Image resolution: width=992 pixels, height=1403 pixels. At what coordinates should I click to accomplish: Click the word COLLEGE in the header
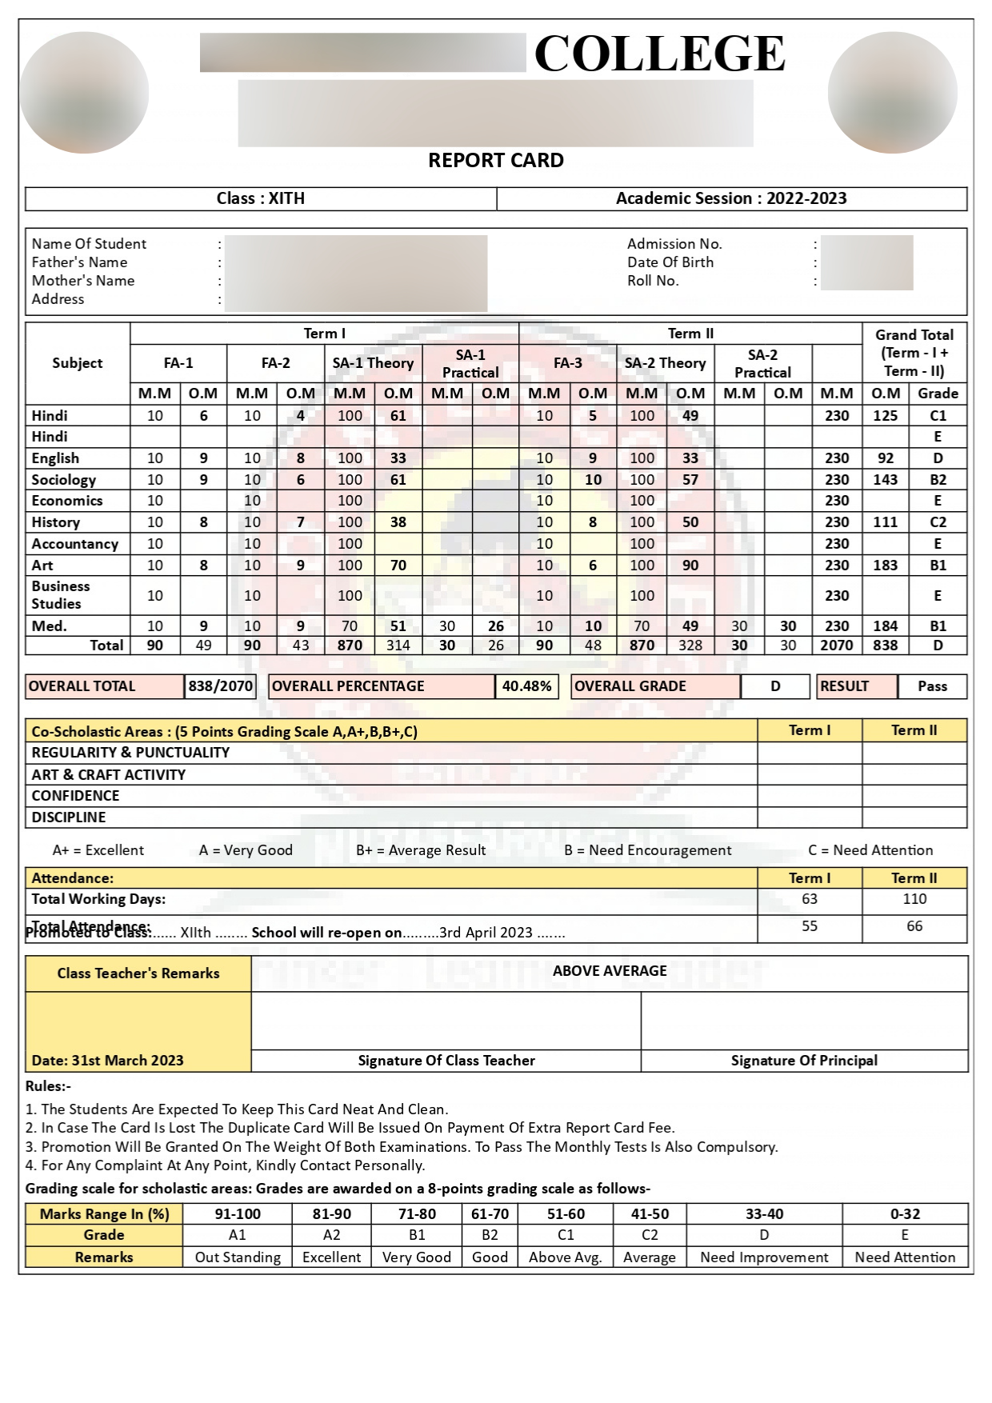[x=659, y=54]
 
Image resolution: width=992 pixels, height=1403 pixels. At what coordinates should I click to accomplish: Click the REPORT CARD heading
[x=495, y=161]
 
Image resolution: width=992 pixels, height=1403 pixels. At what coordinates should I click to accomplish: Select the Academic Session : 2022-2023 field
[x=731, y=198]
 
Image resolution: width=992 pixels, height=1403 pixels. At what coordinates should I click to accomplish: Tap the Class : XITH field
[x=260, y=198]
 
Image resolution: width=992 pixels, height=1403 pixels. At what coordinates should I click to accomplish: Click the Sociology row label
[x=63, y=480]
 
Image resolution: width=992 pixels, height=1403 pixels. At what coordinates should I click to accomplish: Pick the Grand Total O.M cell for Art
[x=885, y=566]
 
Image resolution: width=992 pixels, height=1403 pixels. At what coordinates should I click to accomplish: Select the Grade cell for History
[x=938, y=522]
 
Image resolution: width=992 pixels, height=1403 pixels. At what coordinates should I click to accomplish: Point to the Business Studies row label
[x=61, y=595]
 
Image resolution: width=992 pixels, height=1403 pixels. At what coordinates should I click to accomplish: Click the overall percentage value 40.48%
[x=526, y=686]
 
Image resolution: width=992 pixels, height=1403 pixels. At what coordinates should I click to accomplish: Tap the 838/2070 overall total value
[x=221, y=686]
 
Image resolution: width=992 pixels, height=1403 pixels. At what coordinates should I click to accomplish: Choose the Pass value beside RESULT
[x=932, y=686]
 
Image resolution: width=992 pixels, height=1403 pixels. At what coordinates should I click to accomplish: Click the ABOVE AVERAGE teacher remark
[x=610, y=971]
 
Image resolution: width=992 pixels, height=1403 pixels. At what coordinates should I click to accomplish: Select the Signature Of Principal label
[x=804, y=1061]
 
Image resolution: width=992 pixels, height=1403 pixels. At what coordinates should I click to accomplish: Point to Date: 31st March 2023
[x=107, y=1061]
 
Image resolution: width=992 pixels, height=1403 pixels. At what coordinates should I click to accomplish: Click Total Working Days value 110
[x=914, y=899]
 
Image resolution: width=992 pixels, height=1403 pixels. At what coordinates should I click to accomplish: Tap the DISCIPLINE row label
[x=69, y=817]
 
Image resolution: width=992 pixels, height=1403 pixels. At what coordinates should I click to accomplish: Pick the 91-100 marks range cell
[x=238, y=1214]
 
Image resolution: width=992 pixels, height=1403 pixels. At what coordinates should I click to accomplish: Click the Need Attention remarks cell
[x=905, y=1257]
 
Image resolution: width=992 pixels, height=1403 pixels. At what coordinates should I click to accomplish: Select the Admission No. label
[x=674, y=244]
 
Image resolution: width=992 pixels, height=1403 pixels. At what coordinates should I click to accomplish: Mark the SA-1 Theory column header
[x=373, y=363]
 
